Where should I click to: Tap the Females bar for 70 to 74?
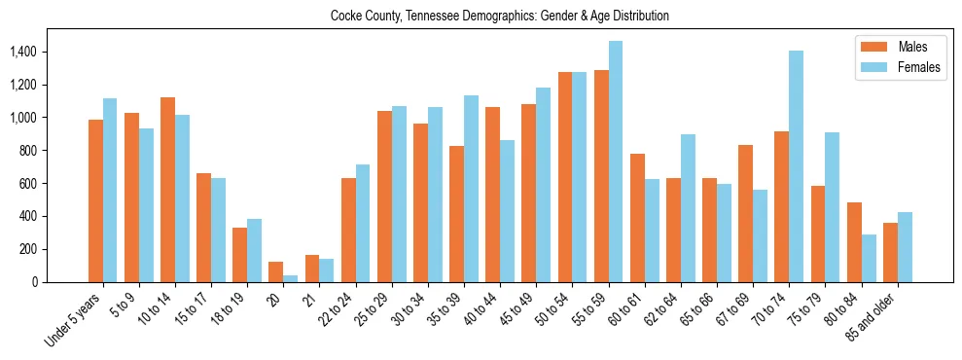pos(796,166)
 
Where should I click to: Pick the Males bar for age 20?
pos(275,271)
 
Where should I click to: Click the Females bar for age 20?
pos(290,278)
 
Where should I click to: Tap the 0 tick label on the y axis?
pos(61,282)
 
